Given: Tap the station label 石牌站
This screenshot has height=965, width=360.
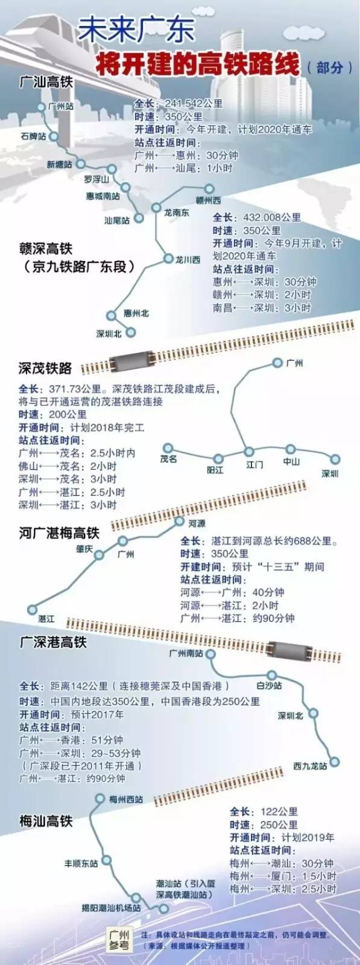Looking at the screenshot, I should point(33,136).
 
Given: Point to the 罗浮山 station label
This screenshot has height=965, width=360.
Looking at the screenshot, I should point(96,179).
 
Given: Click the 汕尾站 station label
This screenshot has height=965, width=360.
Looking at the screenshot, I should point(117,221).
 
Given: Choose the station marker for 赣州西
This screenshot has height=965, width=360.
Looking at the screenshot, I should point(210,188).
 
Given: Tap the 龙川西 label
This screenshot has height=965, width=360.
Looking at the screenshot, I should point(188,260).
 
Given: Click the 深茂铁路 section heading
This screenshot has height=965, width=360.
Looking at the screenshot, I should point(45,368).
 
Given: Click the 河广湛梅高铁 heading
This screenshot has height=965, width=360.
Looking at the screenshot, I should point(59,533).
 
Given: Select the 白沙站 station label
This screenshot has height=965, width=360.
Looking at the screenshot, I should point(269,685).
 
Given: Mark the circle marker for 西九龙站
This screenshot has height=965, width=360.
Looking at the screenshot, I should point(335,762).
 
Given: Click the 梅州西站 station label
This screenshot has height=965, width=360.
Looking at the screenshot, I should point(127,799).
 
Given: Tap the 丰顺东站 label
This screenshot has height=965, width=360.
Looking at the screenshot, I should point(81,864).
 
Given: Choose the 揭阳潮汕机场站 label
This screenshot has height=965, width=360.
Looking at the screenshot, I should point(112,907).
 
